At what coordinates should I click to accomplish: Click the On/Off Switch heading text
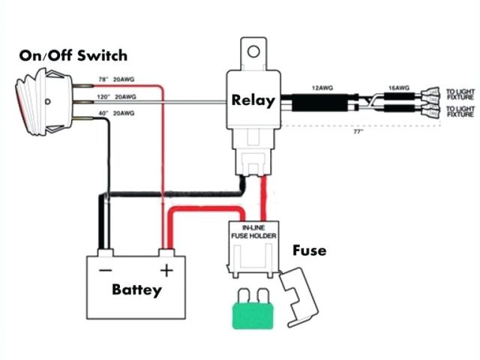point(73,55)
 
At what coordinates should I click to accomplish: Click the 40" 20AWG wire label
point(113,112)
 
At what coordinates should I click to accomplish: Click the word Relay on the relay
point(253,100)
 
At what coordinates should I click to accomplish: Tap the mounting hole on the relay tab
point(253,53)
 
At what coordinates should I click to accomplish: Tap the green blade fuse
point(254,313)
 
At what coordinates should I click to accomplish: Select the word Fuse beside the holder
point(310,250)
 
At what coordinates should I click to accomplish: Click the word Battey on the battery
point(136,289)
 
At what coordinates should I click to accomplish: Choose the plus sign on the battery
point(167,268)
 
